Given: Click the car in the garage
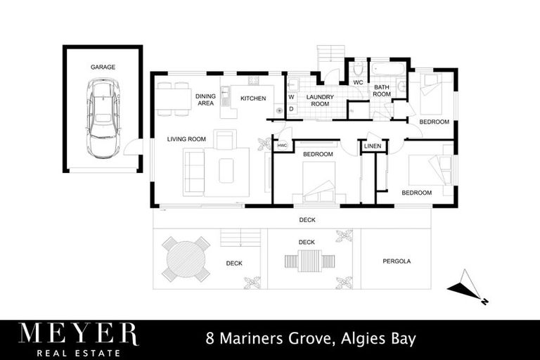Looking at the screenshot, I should point(103,117).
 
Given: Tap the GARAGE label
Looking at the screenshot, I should point(103,67).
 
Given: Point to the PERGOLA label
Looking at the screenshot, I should point(396,262).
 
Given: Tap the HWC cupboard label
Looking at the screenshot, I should point(283,146).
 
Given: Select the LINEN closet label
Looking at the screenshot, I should point(373,146).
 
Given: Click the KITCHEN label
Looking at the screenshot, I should point(253,98).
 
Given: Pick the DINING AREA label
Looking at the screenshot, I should point(205,100).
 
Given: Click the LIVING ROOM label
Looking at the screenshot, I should point(186,139).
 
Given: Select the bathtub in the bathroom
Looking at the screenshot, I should point(388,71).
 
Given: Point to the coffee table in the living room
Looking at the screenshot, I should point(226,171).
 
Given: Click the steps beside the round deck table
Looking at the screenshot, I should point(241,238).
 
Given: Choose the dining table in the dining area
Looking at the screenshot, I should point(174,99).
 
